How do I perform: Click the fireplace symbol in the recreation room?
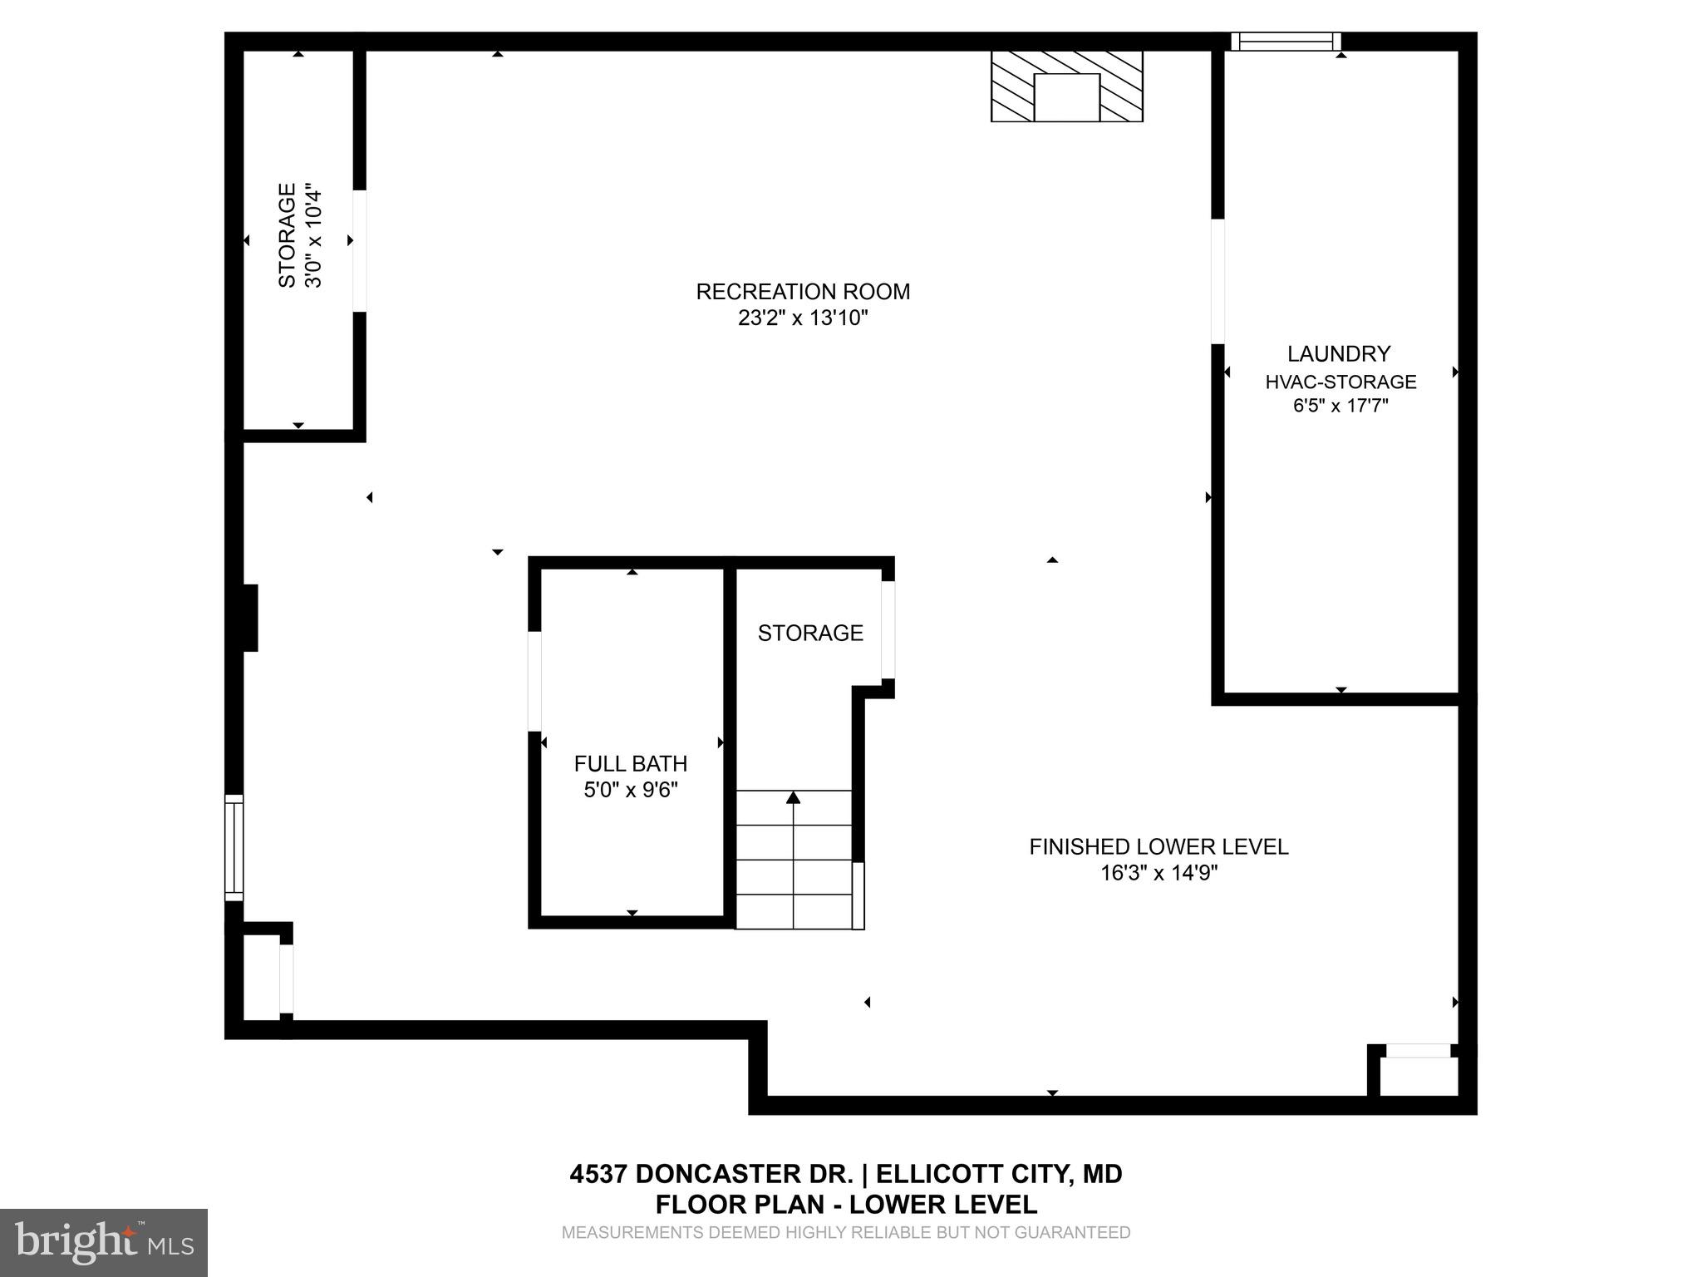coord(1066,86)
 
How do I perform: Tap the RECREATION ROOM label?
coord(803,292)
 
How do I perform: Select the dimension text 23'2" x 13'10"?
coord(803,318)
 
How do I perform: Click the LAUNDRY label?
coord(1338,354)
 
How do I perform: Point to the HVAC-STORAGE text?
coord(1340,382)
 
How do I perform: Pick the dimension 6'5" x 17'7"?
coord(1340,407)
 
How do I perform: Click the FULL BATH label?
coord(630,764)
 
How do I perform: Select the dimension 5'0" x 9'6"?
coord(631,790)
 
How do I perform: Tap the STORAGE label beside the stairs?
coord(810,634)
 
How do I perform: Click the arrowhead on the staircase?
coord(793,798)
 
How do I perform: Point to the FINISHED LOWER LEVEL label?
coord(1158,847)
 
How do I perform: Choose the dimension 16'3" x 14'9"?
coord(1158,873)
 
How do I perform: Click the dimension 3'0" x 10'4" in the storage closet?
coord(313,236)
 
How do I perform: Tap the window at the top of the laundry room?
coord(1285,42)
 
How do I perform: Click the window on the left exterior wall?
coord(234,847)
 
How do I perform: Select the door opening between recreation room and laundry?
coord(1217,281)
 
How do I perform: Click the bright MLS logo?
coord(103,1242)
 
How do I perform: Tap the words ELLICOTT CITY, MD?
coord(999,1174)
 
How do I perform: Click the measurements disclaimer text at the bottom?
coord(845,1233)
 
